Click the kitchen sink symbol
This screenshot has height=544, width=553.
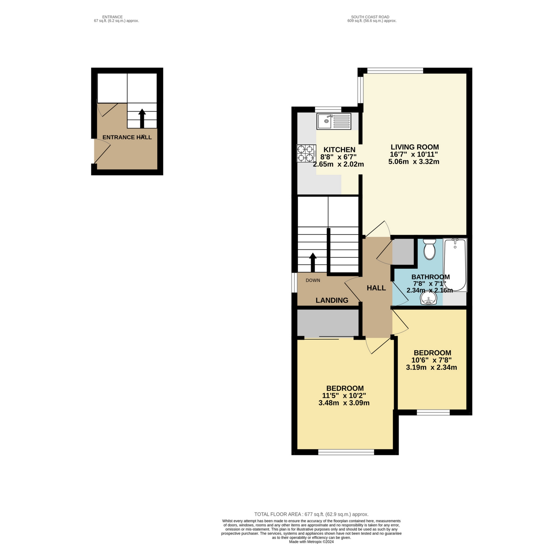click(333, 121)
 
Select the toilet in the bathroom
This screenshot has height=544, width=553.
click(429, 249)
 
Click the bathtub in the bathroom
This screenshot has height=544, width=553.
click(455, 265)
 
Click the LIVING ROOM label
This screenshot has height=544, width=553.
click(415, 147)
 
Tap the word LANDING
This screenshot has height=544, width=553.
click(332, 300)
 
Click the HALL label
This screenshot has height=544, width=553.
click(376, 288)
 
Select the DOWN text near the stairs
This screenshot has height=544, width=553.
click(313, 280)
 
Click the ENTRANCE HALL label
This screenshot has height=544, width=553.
click(127, 137)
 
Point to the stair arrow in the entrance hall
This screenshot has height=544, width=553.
click(142, 118)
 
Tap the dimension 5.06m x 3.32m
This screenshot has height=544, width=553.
click(414, 162)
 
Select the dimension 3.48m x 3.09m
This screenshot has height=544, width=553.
click(344, 403)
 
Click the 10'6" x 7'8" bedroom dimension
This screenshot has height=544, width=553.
click(431, 360)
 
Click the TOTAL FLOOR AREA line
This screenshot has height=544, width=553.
click(311, 514)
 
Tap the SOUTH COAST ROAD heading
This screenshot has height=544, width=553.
click(370, 17)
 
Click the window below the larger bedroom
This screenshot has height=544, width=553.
click(346, 452)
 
